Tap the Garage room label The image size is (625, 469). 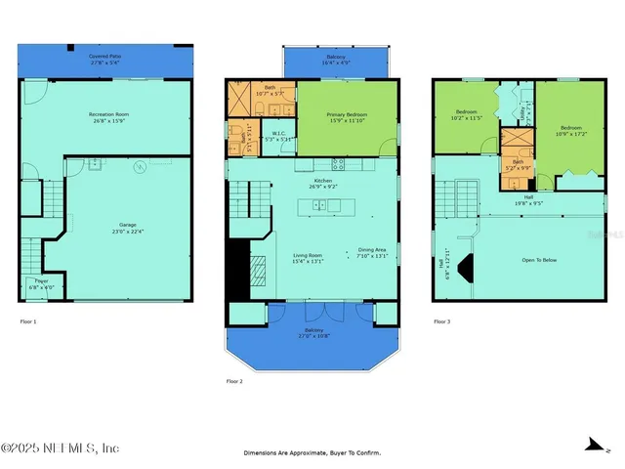click(x=114, y=228)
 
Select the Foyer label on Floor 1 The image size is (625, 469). click(x=36, y=284)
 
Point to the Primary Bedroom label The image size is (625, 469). click(x=348, y=117)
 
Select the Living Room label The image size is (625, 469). click(x=308, y=258)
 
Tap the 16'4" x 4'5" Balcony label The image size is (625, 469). click(x=335, y=61)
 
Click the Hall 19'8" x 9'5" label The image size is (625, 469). click(x=528, y=200)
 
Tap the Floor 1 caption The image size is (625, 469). click(x=28, y=321)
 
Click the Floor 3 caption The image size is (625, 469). click(x=442, y=321)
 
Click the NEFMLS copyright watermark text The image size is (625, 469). click(x=61, y=448)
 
